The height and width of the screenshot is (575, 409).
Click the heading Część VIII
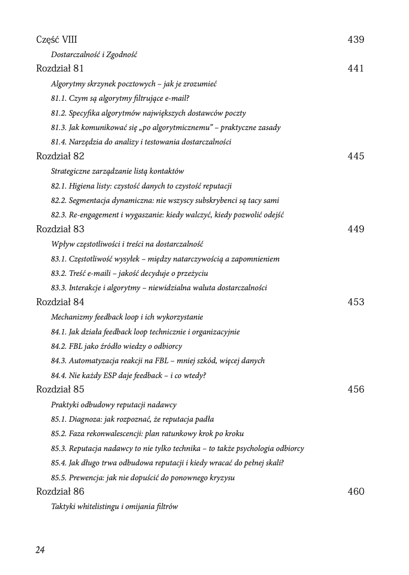57,40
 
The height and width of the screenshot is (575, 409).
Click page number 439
356,40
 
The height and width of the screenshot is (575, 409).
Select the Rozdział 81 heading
60,69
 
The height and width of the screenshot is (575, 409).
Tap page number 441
356,69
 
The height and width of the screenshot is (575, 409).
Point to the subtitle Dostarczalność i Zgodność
94,55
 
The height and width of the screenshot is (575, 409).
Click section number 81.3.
59,127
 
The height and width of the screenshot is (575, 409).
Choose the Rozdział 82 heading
60,156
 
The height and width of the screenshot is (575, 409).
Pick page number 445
356,156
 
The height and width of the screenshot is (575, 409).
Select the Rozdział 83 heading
60,229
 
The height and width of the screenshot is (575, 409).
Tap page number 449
356,229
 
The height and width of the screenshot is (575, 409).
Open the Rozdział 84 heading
60,302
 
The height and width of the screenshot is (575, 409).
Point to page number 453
356,302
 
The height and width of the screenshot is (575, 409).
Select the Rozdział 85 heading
60,389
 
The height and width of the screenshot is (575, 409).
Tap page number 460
356,491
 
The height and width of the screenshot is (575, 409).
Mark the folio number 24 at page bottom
40,550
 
